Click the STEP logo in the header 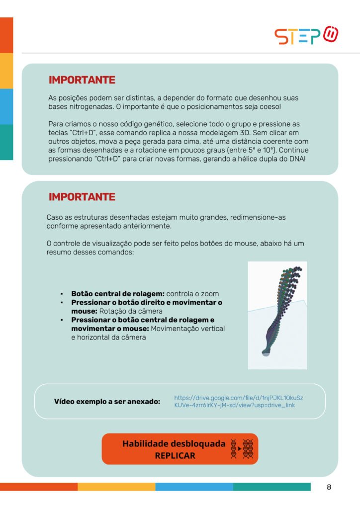(307, 36)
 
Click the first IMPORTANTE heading (82, 80)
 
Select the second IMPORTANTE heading (82, 197)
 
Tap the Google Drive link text (239, 402)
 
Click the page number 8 (329, 487)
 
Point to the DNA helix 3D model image (277, 315)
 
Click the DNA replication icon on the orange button (242, 449)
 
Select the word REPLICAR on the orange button (175, 455)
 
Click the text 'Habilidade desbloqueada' (174, 443)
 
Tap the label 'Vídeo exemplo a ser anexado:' (107, 401)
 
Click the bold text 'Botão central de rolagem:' (118, 294)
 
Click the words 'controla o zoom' (193, 294)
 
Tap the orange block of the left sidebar (6, 35)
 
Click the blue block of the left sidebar (6, 106)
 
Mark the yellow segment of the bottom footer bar (116, 487)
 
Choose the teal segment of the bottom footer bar (271, 487)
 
